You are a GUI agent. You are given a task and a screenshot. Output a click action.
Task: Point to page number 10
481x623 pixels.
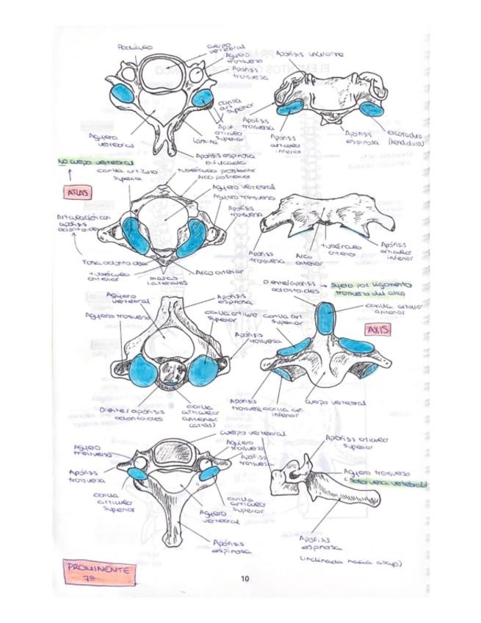(245, 579)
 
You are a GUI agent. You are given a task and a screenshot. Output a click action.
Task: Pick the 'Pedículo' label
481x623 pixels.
(135, 47)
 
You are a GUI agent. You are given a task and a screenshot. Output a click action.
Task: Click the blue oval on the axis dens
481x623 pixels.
(325, 319)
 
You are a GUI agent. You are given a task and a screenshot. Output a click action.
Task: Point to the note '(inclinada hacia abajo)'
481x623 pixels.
(352, 563)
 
